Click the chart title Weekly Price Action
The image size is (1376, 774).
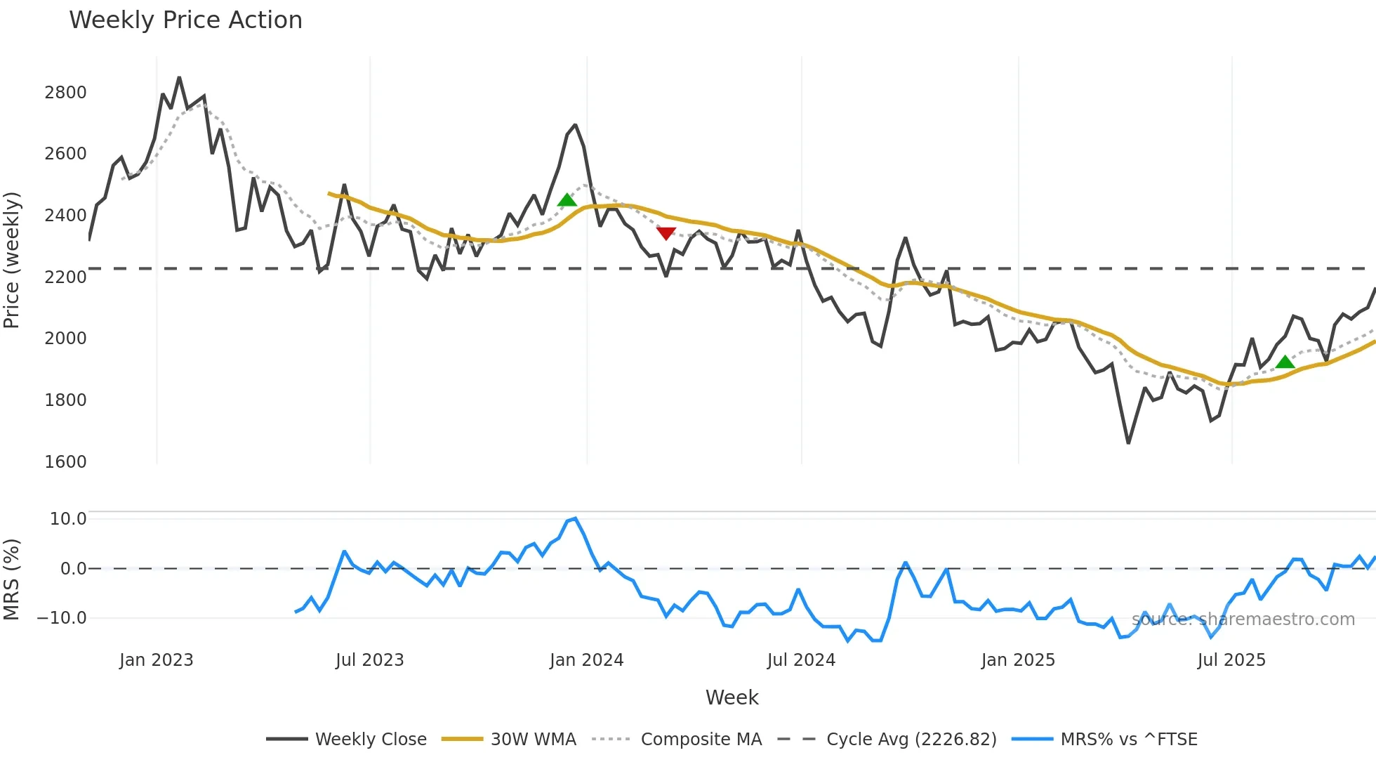185,20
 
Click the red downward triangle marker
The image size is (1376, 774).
666,233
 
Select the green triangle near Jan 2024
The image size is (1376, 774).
567,201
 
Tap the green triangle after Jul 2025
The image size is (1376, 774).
1285,362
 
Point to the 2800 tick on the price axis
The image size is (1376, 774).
65,93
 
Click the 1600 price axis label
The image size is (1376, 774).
65,462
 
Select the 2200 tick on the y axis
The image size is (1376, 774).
65,277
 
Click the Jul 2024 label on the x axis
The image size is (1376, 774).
801,660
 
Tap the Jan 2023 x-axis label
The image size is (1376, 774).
156,660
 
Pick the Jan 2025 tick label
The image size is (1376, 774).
1018,660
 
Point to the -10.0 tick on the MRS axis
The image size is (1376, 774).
62,618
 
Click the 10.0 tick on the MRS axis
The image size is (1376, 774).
67,519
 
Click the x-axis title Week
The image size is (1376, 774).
732,697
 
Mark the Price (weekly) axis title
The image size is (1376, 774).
12,260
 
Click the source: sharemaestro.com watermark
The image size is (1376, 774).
1243,619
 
